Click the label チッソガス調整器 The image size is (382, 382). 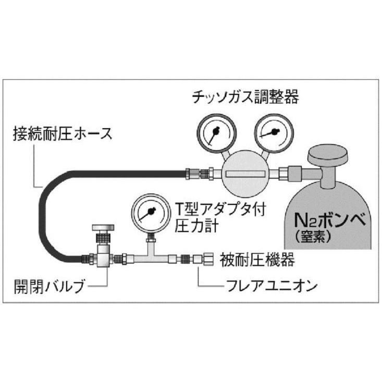245,97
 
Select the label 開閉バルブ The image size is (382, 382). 49,286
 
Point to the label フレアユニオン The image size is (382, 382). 272,286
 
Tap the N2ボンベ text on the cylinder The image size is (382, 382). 330,220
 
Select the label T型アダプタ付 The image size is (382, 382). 220,209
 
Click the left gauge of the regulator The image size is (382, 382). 217,133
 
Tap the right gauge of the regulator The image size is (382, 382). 274,133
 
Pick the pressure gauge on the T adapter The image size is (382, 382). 151,213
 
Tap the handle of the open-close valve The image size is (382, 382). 103,228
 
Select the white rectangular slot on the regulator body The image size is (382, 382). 245,174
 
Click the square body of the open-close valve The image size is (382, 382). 103,258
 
